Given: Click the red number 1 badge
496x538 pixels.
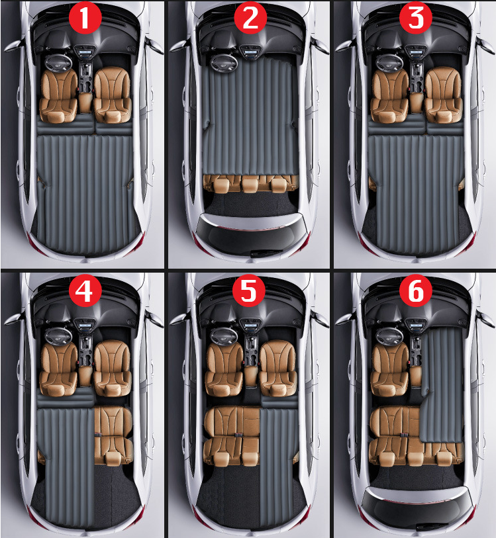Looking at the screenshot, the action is click(85, 17).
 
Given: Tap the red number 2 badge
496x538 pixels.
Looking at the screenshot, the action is click(250, 17).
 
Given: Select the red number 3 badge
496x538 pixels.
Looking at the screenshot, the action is click(416, 17).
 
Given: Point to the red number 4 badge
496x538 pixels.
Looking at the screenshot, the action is click(85, 291).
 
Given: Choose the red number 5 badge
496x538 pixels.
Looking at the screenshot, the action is click(249, 291).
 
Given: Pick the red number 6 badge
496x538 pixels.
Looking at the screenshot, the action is click(416, 291).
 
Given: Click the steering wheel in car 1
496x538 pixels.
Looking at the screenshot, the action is click(59, 62).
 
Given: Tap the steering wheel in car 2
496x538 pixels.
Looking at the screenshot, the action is click(224, 62).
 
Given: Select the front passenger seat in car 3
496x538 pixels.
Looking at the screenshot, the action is click(444, 95).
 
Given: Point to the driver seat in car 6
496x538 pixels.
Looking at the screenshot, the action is click(390, 369).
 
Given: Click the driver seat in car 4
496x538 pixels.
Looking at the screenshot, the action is click(59, 369).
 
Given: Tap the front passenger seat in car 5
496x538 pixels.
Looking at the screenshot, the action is click(278, 368).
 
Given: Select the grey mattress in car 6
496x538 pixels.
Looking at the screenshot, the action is click(442, 384).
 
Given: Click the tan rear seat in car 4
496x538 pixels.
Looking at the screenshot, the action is click(113, 435).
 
